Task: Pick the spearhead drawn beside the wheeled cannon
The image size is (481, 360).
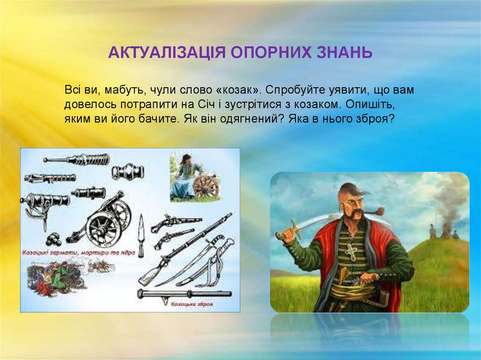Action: (140, 230)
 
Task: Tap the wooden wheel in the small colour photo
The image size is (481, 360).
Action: (205, 185)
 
